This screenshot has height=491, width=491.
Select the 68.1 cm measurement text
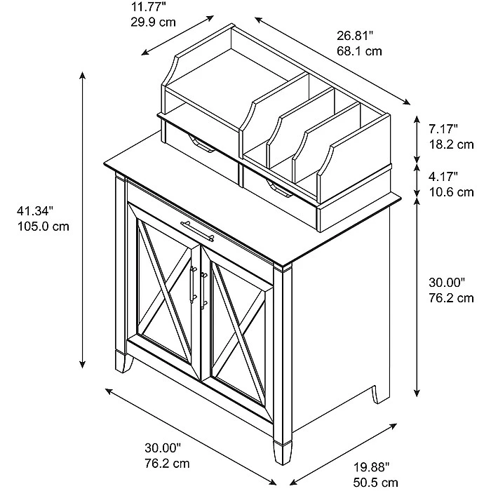(359, 51)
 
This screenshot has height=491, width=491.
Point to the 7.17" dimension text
(443, 128)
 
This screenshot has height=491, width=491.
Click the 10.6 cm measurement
(451, 192)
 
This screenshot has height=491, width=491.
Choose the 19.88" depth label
(371, 468)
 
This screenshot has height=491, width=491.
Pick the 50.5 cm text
(376, 483)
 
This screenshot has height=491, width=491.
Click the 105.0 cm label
(43, 226)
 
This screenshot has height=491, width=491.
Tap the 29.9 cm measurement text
(153, 22)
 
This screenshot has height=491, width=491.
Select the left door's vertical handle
(193, 284)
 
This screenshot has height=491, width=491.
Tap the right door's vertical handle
(203, 291)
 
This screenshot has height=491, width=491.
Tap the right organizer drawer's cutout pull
(280, 189)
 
